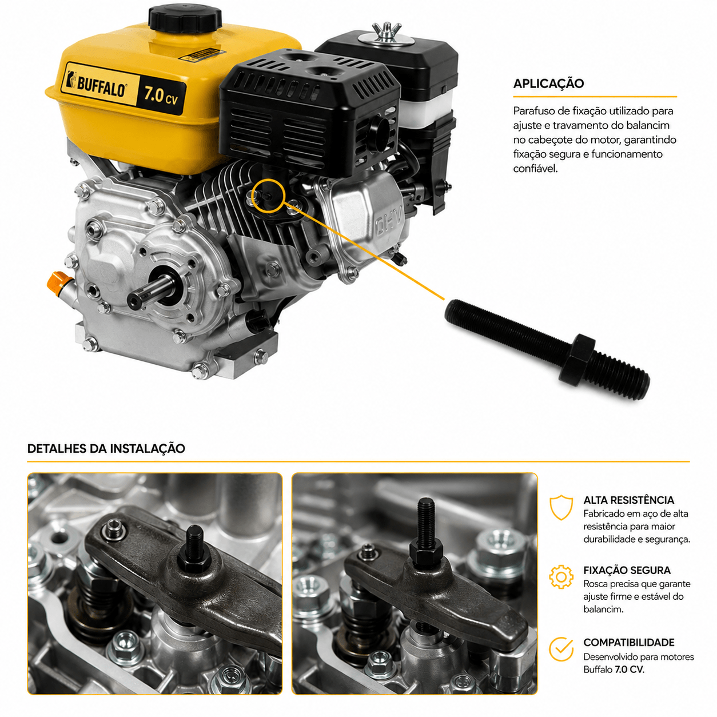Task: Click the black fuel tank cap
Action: coord(185,19)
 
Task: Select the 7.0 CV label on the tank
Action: coord(161,96)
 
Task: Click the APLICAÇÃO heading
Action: coord(548,83)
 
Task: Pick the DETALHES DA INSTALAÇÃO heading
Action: coord(106,448)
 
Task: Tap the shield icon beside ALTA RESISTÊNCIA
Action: coord(561,507)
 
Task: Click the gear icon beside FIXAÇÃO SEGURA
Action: coord(561,577)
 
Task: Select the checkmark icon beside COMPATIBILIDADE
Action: coord(561,648)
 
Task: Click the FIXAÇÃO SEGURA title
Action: coord(627,571)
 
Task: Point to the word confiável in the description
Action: coord(535,169)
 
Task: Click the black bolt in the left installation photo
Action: coord(194,550)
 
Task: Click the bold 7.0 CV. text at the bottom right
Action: coord(630,670)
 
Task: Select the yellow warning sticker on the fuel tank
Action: coord(200,54)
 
